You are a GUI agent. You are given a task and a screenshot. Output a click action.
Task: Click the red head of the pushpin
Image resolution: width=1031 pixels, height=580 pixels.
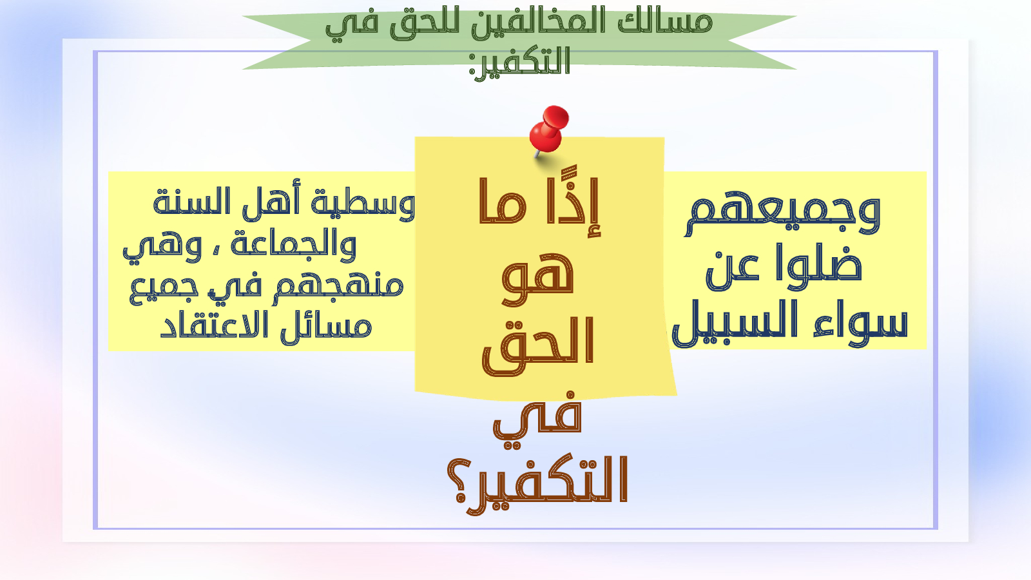point(548,129)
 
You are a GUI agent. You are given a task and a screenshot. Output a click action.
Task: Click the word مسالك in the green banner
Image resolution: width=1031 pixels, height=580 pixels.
point(665,23)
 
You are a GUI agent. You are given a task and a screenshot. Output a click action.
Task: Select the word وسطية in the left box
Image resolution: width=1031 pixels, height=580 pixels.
point(363,202)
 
